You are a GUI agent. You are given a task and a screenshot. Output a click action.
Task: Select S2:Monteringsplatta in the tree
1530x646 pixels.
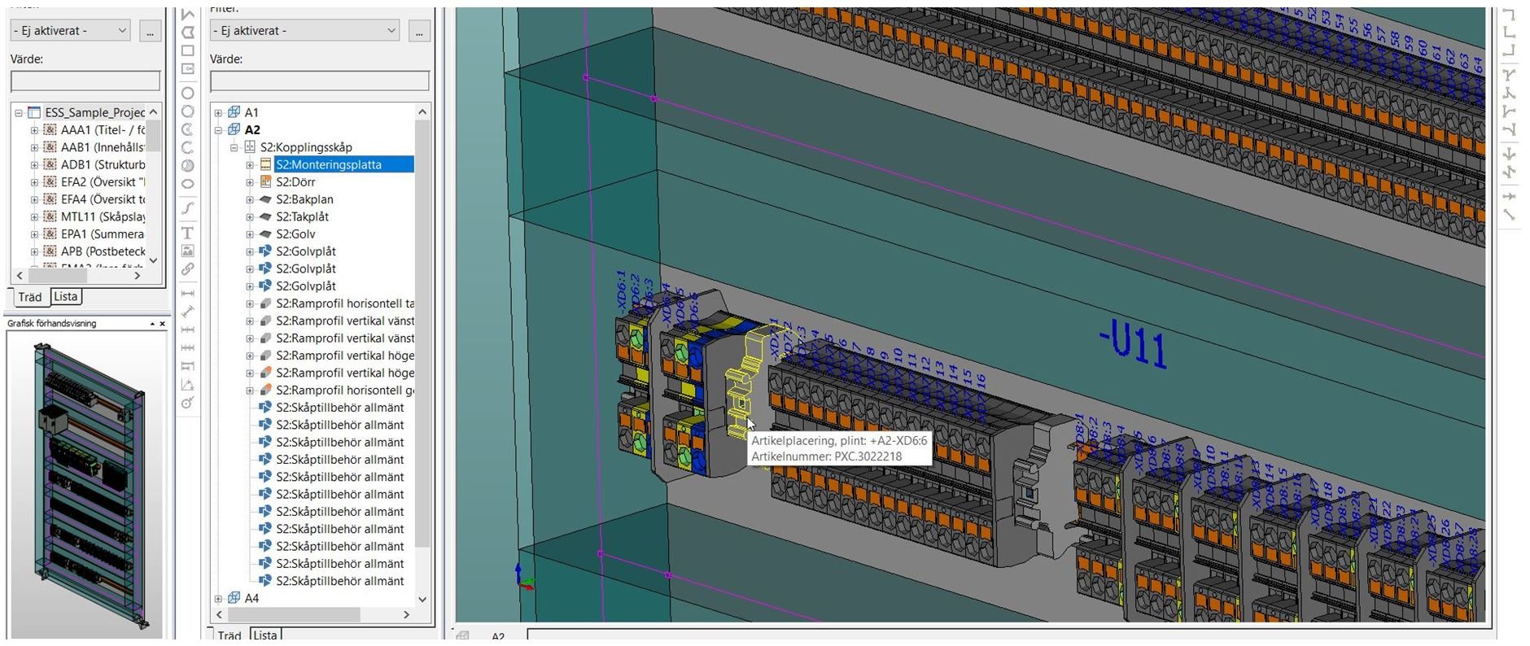328,164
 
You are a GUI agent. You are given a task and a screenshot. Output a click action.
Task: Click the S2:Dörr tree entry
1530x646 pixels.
295,182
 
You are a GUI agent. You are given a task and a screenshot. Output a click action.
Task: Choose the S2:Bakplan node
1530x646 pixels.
304,199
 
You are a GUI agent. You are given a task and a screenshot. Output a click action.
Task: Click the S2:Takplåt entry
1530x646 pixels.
302,216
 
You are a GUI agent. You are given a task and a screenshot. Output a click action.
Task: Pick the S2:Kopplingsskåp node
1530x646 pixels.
306,147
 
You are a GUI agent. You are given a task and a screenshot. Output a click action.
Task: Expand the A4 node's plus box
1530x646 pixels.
218,599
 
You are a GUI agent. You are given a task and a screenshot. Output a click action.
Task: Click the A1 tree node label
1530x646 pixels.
251,112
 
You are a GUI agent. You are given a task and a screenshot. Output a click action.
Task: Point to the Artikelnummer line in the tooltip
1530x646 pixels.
826,456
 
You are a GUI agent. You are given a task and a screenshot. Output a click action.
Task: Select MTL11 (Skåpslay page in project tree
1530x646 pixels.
103,216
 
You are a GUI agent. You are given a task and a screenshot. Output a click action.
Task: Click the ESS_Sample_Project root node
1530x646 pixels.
94,112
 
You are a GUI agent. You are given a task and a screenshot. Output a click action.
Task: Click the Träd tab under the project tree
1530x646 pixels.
30,297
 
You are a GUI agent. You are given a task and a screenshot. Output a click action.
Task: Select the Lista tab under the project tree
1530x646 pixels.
66,296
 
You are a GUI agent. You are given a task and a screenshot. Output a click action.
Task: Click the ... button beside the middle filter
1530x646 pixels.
419,31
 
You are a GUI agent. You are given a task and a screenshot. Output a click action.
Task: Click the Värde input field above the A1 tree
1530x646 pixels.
319,81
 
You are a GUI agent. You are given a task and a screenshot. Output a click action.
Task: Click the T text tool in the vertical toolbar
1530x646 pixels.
187,234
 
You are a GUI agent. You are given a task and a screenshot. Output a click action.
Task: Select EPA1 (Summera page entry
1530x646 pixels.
102,234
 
